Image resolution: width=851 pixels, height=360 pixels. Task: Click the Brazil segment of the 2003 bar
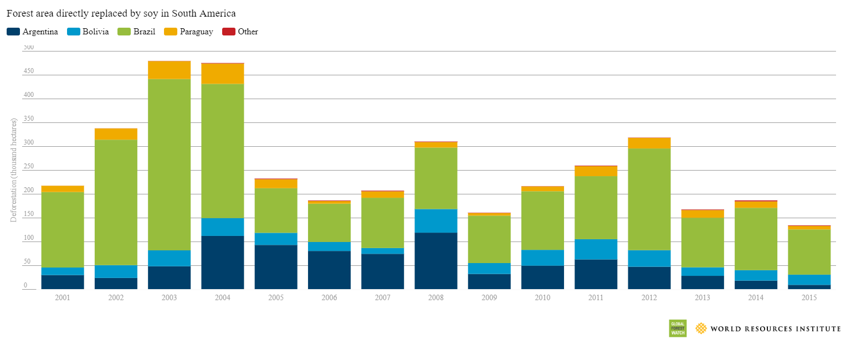pyautogui.click(x=169, y=164)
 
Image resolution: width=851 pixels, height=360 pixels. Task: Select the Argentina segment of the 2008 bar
pyautogui.click(x=436, y=261)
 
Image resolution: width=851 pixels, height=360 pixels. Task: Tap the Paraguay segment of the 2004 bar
pyautogui.click(x=223, y=74)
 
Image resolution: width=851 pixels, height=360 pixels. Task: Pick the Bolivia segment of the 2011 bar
pyautogui.click(x=596, y=249)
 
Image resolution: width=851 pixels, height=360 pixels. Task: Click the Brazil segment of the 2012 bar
pyautogui.click(x=649, y=199)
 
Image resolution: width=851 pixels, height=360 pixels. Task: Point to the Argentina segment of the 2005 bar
pyautogui.click(x=276, y=267)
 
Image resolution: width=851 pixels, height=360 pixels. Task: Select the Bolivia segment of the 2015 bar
pyautogui.click(x=809, y=280)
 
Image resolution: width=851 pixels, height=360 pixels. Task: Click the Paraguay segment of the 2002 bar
pyautogui.click(x=116, y=134)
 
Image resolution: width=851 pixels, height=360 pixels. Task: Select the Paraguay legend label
pyautogui.click(x=196, y=32)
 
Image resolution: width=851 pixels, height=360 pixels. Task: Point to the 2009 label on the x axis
pyautogui.click(x=489, y=298)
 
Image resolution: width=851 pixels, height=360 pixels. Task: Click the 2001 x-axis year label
pyautogui.click(x=63, y=298)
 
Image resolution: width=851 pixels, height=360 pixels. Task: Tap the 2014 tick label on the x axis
pyautogui.click(x=756, y=298)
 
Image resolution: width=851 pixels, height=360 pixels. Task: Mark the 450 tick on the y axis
pyautogui.click(x=28, y=71)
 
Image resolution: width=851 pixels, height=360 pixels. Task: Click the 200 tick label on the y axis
pyautogui.click(x=28, y=191)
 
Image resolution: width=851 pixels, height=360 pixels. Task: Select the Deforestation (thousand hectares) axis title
pyautogui.click(x=14, y=170)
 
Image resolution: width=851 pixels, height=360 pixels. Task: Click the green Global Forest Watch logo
pyautogui.click(x=677, y=328)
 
